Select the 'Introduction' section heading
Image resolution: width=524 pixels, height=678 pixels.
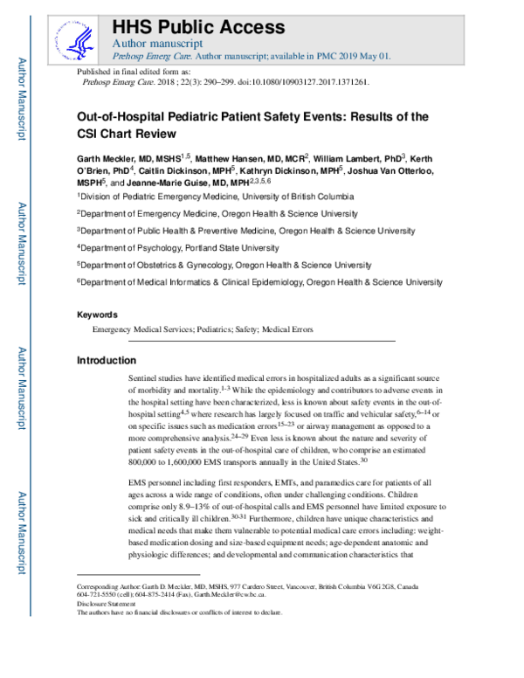(107, 360)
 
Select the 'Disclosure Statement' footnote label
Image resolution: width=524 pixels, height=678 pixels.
(106, 604)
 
